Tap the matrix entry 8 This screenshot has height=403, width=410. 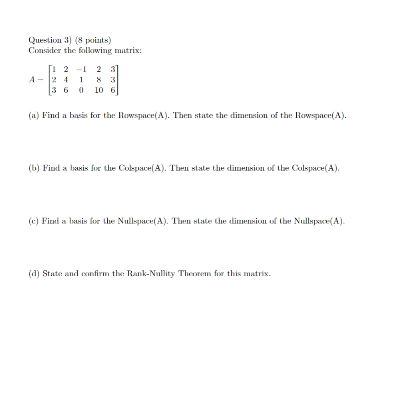(99, 80)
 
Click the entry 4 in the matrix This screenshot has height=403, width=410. (66, 80)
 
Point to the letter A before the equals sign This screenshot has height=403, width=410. (32, 80)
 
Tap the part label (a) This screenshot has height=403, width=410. (34, 116)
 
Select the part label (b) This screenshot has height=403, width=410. (34, 168)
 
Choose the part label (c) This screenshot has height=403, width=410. (34, 221)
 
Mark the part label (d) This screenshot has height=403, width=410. (34, 274)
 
